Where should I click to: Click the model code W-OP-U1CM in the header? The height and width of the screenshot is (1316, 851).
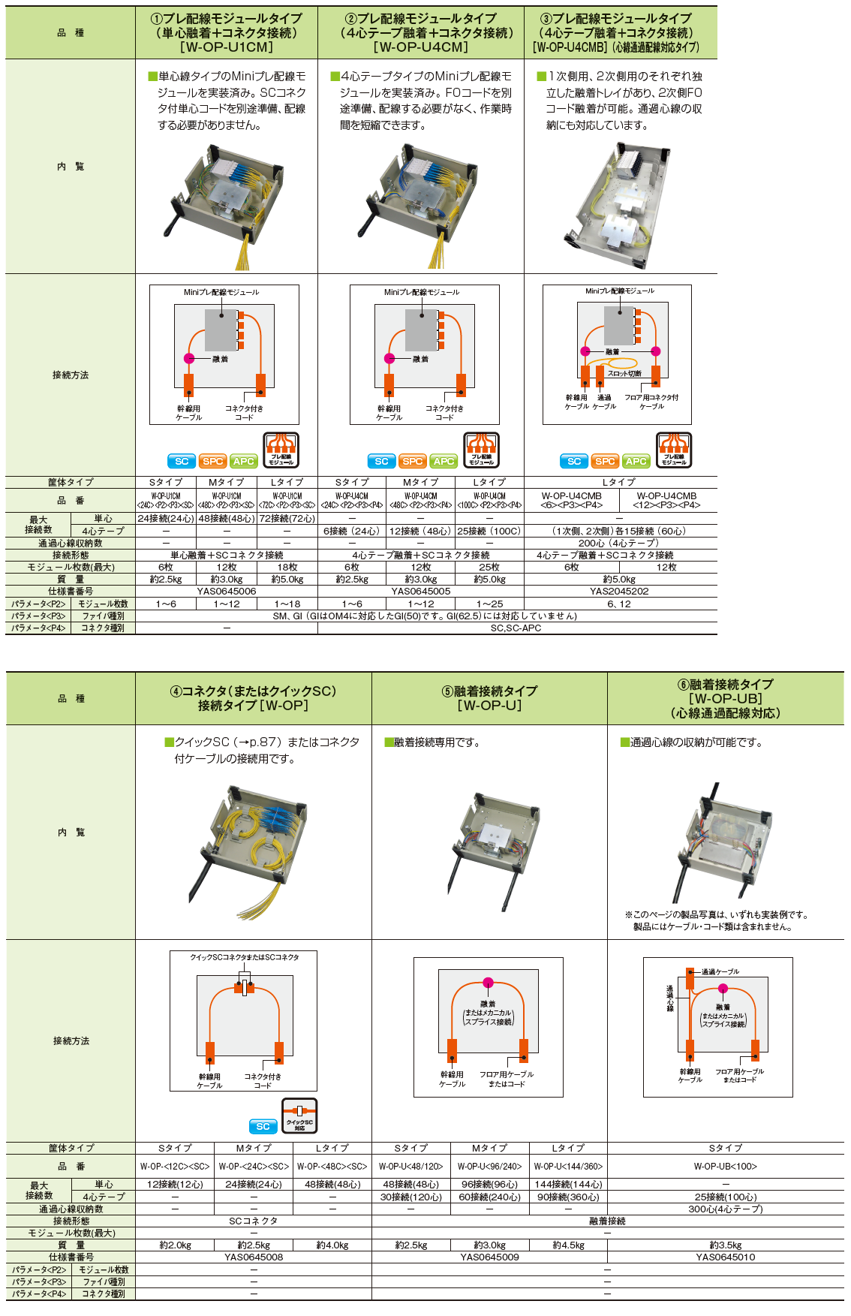[x=227, y=47]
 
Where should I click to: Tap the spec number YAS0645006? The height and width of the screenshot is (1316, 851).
[x=227, y=592]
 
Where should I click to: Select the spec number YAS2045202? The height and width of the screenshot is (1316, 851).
[x=619, y=592]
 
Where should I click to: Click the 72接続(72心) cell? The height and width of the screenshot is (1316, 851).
[x=287, y=519]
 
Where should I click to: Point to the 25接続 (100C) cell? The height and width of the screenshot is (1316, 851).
[x=489, y=531]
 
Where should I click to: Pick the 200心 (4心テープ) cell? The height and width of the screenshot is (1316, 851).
[x=619, y=543]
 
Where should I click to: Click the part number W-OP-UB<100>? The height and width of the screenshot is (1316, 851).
[x=725, y=1166]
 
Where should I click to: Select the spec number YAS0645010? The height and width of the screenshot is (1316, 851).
[x=725, y=1257]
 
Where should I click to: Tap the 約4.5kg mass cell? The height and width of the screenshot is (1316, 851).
[x=568, y=1245]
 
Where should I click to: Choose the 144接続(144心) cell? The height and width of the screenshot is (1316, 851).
[x=568, y=1184]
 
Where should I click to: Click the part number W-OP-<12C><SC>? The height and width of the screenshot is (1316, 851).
[x=175, y=1166]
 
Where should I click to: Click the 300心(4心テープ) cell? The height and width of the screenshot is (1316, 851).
[x=725, y=1209]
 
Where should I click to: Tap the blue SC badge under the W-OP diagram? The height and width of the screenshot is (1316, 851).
[x=263, y=1126]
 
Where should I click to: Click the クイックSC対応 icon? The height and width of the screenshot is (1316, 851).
[x=299, y=1116]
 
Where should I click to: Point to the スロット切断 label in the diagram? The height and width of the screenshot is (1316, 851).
[x=624, y=373]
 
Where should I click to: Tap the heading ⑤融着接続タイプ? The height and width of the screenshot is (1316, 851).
[x=489, y=691]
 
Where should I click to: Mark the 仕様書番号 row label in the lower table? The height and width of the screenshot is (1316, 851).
[x=71, y=1257]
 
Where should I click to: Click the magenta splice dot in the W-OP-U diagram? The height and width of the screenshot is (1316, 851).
[x=489, y=982]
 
